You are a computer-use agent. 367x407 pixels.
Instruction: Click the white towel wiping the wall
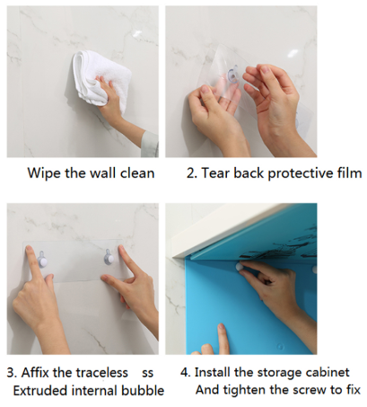pos(100,77)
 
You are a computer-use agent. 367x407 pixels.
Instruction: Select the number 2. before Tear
pos(192,173)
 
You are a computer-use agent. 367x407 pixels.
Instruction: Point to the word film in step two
pos(352,173)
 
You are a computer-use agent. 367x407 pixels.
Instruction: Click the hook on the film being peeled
pos(233,75)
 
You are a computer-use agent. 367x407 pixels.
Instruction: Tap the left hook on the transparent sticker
pos(42,260)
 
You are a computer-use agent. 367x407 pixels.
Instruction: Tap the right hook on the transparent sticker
pos(109,258)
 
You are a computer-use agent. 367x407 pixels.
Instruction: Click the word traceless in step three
pos(102,373)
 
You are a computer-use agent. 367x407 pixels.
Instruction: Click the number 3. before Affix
pos(12,373)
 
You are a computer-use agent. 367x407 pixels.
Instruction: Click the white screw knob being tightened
pos(240,267)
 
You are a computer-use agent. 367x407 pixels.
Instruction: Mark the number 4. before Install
pos(186,373)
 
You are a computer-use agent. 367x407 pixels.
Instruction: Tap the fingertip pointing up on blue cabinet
pos(222,328)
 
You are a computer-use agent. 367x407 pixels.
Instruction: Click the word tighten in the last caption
pos(245,390)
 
